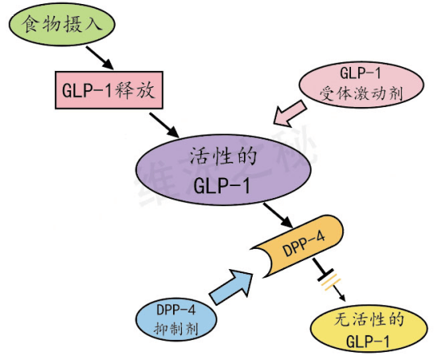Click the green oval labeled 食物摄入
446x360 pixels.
62,24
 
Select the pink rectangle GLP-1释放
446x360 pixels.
109,90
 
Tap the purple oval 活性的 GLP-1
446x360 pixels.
223,170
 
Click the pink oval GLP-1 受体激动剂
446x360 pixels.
361,85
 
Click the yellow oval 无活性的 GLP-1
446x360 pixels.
369,329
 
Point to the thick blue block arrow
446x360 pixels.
231,287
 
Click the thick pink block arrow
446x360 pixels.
290,114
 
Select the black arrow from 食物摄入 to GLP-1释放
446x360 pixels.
100,57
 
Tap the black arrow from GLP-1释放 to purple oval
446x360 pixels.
164,125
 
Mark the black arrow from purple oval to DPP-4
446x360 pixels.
279,215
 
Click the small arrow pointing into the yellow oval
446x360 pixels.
339,293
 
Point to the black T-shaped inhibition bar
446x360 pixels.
322,269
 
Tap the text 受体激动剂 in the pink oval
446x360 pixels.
361,93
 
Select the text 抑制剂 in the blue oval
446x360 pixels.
176,329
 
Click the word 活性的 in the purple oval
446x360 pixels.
224,156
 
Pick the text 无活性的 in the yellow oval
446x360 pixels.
370,319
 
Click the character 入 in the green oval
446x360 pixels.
93,23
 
